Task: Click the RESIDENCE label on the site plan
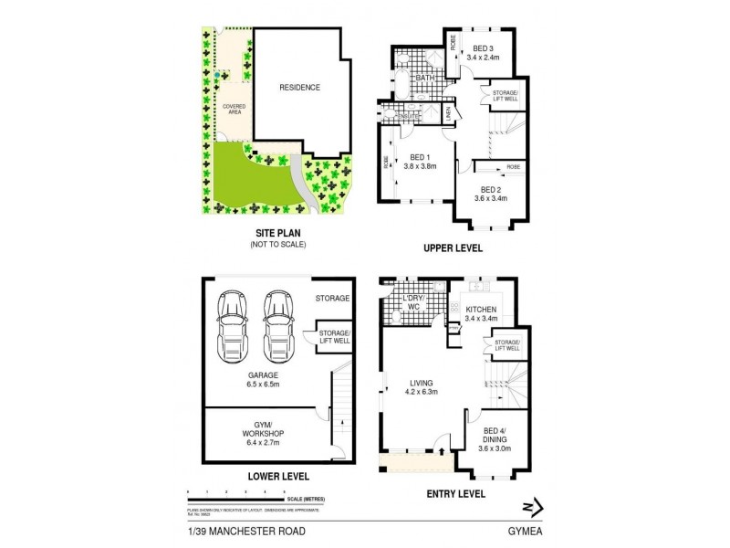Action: pyautogui.click(x=300, y=88)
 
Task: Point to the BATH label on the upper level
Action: pyautogui.click(x=425, y=79)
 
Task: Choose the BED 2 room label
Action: pyautogui.click(x=492, y=190)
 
